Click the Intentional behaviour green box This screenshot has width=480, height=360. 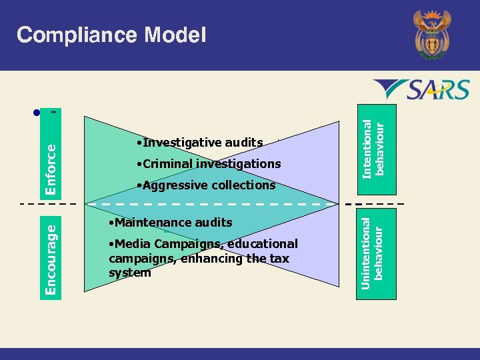(373, 145)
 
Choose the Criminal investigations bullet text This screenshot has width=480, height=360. (208, 164)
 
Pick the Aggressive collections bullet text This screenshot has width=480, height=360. (205, 185)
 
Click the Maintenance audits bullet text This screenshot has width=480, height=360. (170, 223)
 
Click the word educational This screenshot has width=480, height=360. (261, 244)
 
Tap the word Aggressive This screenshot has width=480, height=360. (170, 185)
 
